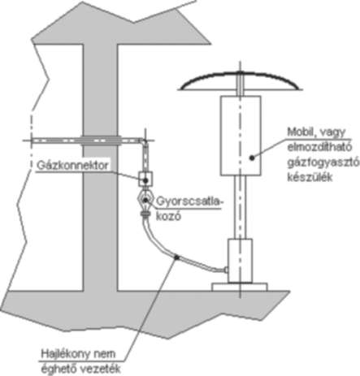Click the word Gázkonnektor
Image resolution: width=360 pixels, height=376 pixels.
pyautogui.click(x=72, y=165)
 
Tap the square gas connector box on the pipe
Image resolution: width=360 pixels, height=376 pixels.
pyautogui.click(x=145, y=179)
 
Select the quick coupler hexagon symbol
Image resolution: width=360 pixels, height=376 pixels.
pyautogui.click(x=145, y=201)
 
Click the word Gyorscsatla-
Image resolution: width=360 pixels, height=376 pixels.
pyautogui.click(x=189, y=202)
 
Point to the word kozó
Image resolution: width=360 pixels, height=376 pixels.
pyautogui.click(x=168, y=217)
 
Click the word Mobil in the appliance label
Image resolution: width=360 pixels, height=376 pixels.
pyautogui.click(x=300, y=132)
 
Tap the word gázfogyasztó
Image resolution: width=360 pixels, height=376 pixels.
pyautogui.click(x=323, y=162)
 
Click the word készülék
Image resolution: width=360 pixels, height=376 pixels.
pyautogui.click(x=310, y=177)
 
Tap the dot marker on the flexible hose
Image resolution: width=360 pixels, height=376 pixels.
pyautogui.click(x=176, y=257)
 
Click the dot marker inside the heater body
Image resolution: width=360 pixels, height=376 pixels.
pyautogui.click(x=252, y=158)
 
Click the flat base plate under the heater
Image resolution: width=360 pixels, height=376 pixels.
pyautogui.click(x=240, y=287)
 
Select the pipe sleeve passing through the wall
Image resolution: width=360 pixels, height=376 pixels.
pyautogui.click(x=100, y=140)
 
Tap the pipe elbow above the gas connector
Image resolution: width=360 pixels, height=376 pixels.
pyautogui.click(x=143, y=140)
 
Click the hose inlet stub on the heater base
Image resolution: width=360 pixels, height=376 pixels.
pyautogui.click(x=225, y=270)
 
